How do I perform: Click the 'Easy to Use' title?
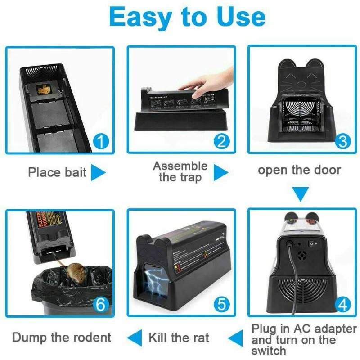click(187, 18)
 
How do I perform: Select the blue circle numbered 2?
click(221, 142)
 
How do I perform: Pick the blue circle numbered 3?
click(343, 142)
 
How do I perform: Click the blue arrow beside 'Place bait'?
click(98, 172)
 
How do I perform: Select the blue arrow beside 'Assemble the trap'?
click(220, 172)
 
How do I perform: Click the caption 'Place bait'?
click(57, 172)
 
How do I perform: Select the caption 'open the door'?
click(299, 170)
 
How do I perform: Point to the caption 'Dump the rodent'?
click(62, 337)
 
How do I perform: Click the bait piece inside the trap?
click(45, 90)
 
